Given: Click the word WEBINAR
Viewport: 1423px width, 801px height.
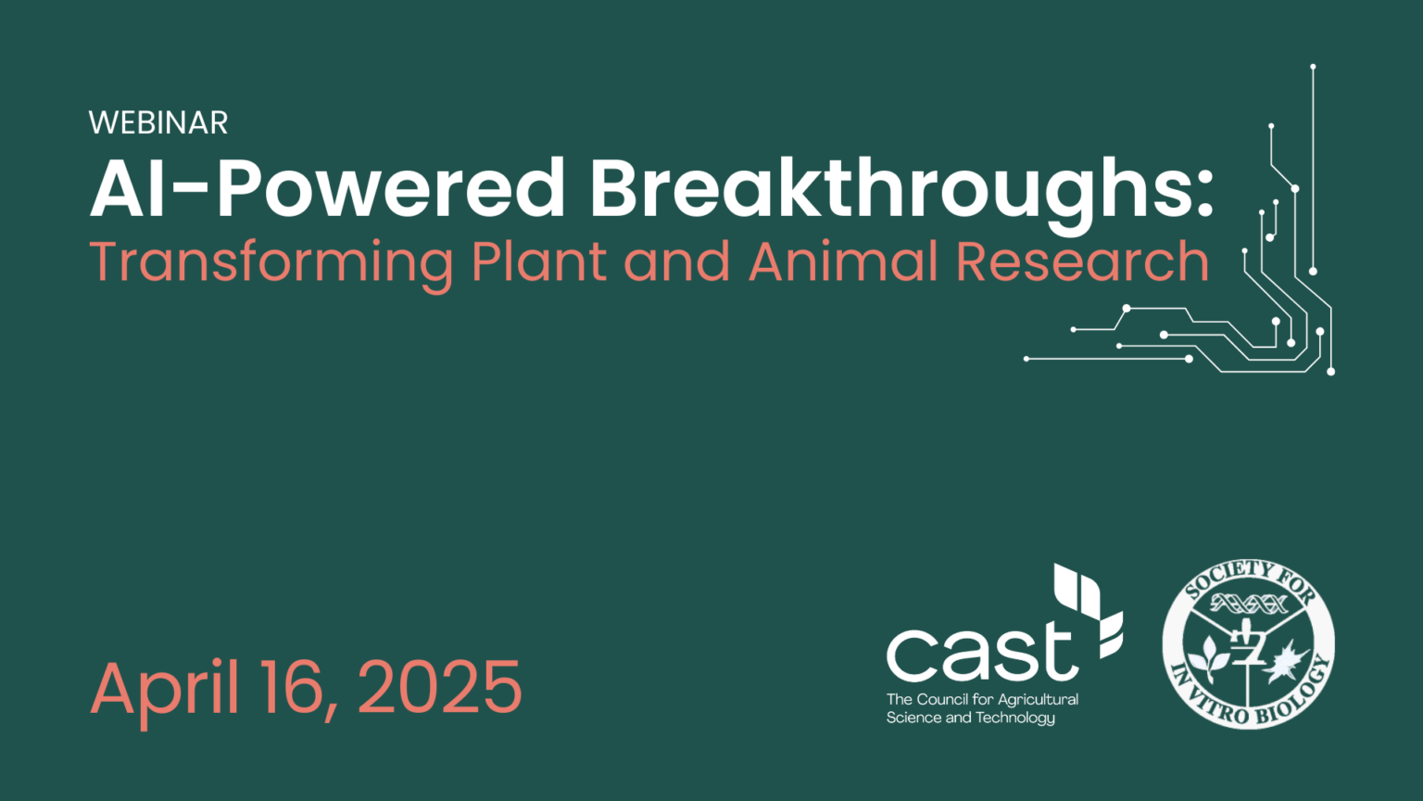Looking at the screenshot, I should tap(158, 122).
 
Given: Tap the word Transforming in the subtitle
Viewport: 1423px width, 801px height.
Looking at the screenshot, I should tap(271, 263).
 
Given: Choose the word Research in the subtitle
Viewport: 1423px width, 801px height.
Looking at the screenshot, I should tap(1082, 261).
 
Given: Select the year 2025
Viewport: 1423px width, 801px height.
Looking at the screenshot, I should tap(440, 688).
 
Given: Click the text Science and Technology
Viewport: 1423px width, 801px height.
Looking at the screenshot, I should tap(970, 718).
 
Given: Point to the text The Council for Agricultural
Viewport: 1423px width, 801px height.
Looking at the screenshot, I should tap(982, 699).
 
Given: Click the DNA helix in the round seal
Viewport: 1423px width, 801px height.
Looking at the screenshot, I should tap(1248, 604).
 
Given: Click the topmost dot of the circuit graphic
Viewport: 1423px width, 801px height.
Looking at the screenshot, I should tap(1313, 67).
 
